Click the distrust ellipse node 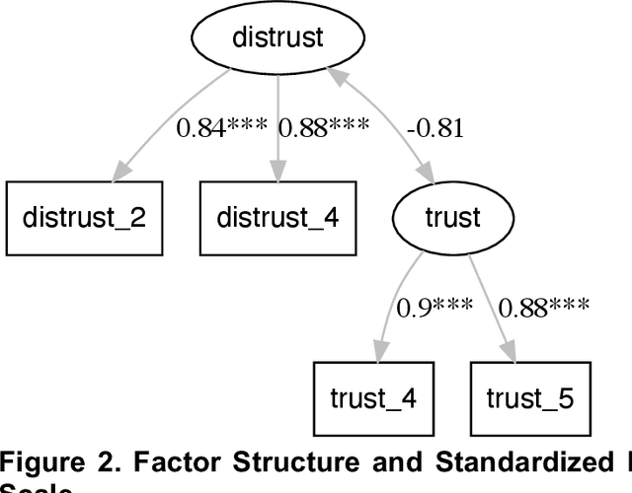[277, 38]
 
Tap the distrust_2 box [84, 216]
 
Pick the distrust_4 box [277, 216]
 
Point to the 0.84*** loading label [226, 127]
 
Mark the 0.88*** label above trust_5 [543, 307]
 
